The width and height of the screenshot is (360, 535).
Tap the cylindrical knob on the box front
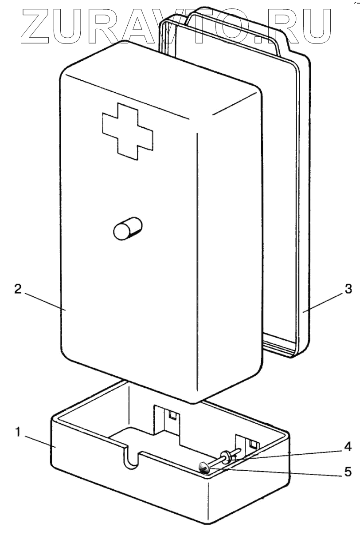(x=127, y=229)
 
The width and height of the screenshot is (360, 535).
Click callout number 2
(x=18, y=288)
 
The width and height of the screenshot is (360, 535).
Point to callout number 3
(x=348, y=289)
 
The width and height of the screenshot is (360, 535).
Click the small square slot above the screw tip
(x=253, y=444)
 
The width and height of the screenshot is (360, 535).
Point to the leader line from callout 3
(x=324, y=302)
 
